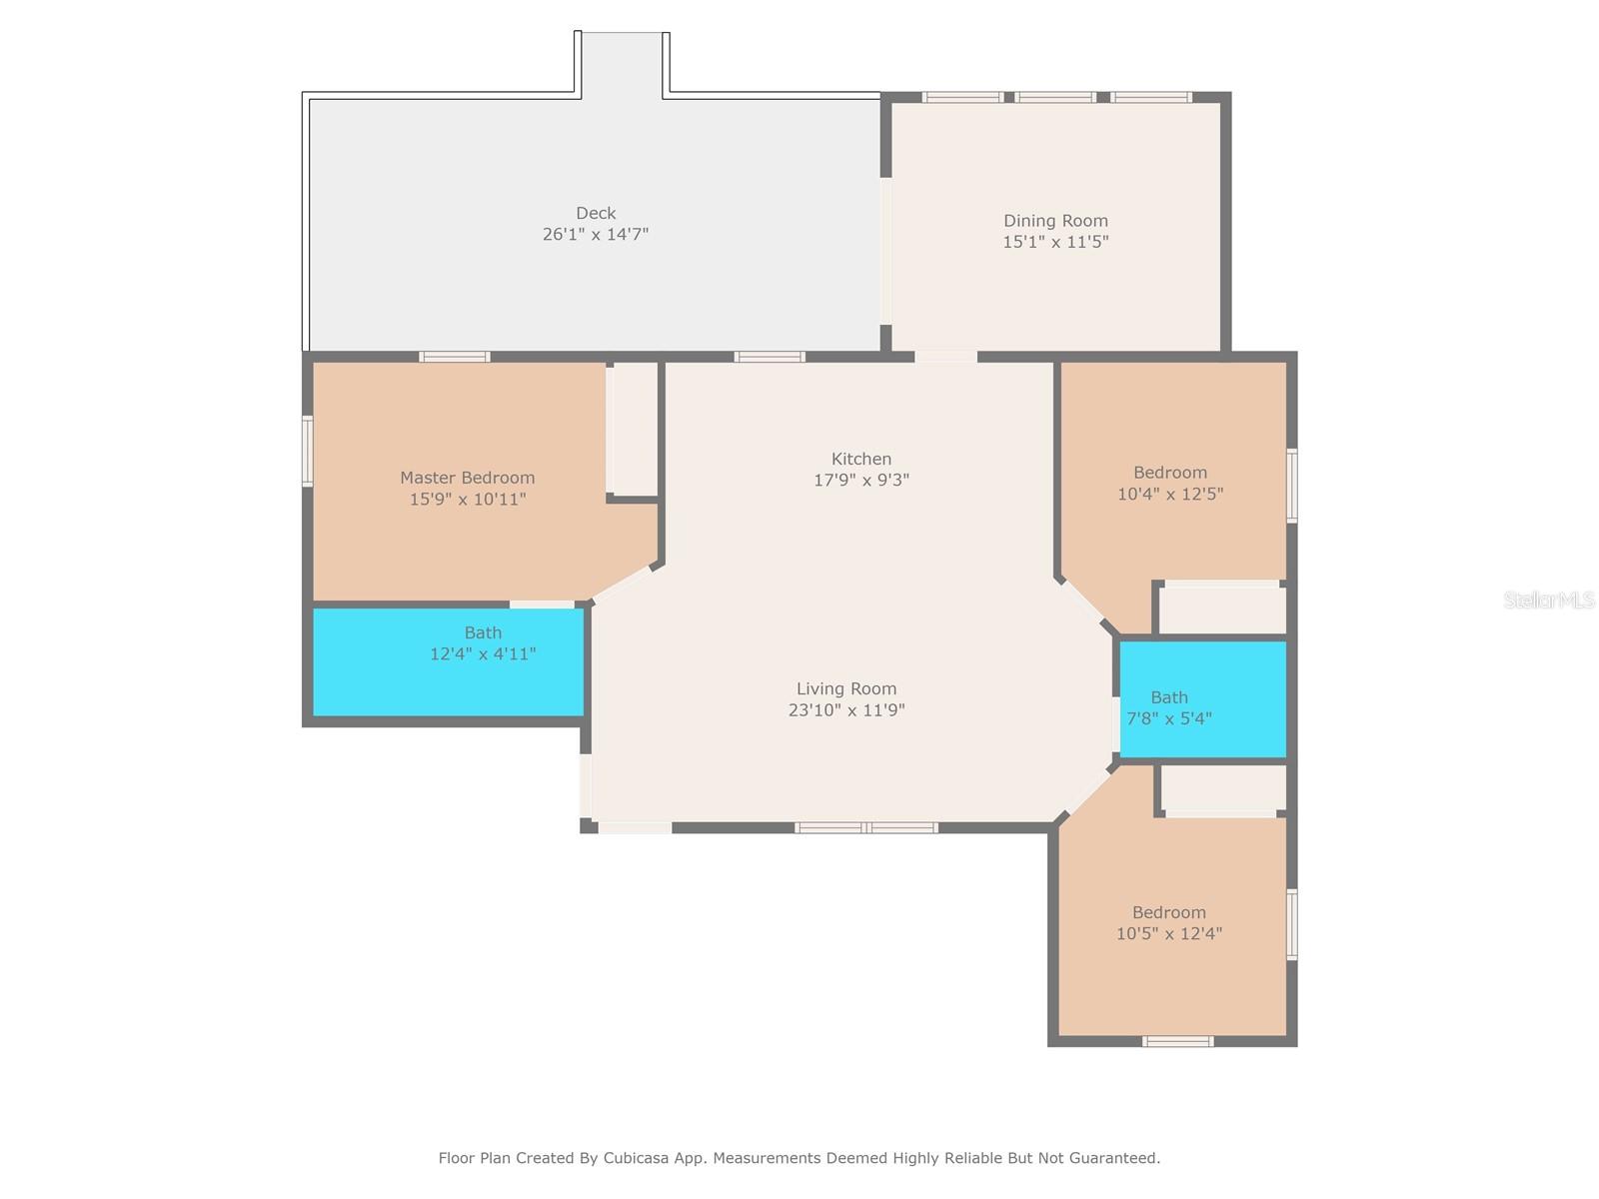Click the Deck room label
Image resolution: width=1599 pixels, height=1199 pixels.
tap(596, 213)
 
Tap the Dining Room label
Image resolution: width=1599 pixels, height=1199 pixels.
tap(1054, 221)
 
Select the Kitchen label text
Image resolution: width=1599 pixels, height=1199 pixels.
tap(861, 459)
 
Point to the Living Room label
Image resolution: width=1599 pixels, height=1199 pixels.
tap(845, 688)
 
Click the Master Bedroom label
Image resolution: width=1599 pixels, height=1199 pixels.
tap(467, 478)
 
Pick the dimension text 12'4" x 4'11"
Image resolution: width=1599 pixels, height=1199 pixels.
tap(483, 653)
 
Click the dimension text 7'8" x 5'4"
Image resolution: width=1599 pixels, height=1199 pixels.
tap(1168, 718)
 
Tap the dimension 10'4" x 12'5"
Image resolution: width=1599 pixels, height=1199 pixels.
tap(1170, 494)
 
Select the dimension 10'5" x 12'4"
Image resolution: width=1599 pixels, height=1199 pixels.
tap(1168, 933)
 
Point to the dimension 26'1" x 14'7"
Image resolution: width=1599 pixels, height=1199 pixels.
tap(596, 234)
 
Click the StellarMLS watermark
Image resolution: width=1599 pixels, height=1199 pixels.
tap(1549, 599)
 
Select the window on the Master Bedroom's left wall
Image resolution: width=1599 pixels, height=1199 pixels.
tap(308, 452)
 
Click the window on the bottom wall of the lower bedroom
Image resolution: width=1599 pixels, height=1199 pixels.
tap(1177, 1042)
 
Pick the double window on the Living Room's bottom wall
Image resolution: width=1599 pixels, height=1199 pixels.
tap(865, 827)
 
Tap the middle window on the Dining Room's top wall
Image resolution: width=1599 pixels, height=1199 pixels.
tap(1054, 98)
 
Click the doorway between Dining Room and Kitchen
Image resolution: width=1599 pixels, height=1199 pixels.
tap(945, 357)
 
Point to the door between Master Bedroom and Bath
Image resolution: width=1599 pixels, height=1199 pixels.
tap(542, 604)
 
